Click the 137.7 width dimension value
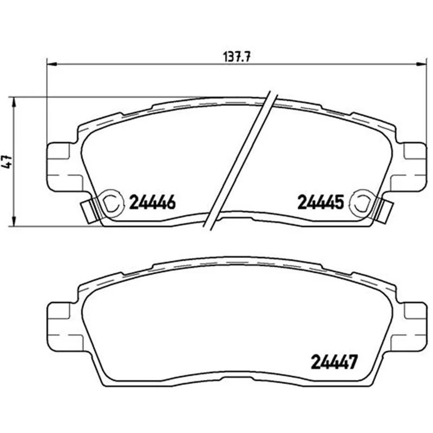click(237, 57)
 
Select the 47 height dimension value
click(8, 162)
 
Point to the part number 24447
click(334, 362)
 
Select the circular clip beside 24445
click(360, 202)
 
